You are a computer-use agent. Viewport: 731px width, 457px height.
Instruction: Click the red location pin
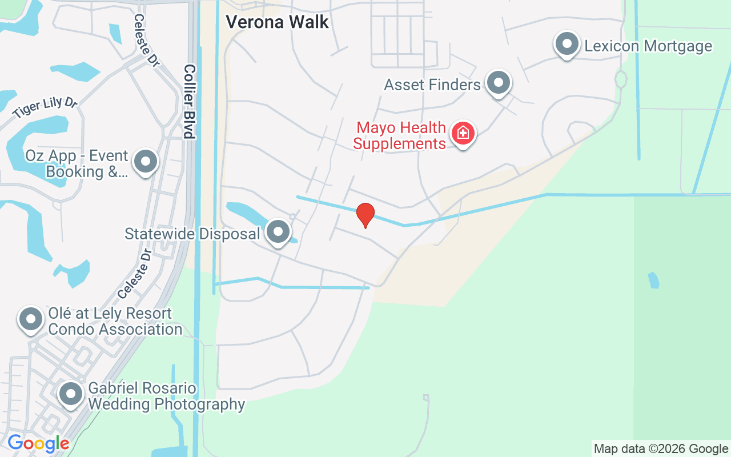[365, 215]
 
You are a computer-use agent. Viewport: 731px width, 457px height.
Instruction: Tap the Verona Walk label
[277, 22]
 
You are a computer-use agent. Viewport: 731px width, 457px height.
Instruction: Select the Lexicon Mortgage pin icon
[567, 44]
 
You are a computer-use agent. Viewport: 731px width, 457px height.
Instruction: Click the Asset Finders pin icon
[499, 83]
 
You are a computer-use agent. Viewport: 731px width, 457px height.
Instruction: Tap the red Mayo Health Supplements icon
[463, 134]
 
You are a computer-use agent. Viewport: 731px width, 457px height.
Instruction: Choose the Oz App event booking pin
[146, 162]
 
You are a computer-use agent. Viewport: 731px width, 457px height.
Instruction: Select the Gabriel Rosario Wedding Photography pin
[71, 394]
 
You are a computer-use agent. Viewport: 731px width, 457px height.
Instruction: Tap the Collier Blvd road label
[189, 101]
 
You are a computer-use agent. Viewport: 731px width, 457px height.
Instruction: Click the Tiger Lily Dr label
[45, 107]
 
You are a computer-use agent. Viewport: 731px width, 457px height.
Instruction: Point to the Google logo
[38, 443]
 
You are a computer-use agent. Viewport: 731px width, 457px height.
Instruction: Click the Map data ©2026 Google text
[661, 448]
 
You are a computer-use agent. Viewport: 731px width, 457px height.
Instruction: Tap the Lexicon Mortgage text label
[648, 46]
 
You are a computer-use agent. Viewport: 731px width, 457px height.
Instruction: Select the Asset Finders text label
[432, 85]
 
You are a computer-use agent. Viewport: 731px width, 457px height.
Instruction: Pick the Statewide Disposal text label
[192, 234]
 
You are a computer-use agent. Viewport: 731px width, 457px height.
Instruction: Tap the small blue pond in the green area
[653, 280]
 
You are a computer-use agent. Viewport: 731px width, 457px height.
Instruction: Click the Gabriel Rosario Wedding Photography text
[166, 396]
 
